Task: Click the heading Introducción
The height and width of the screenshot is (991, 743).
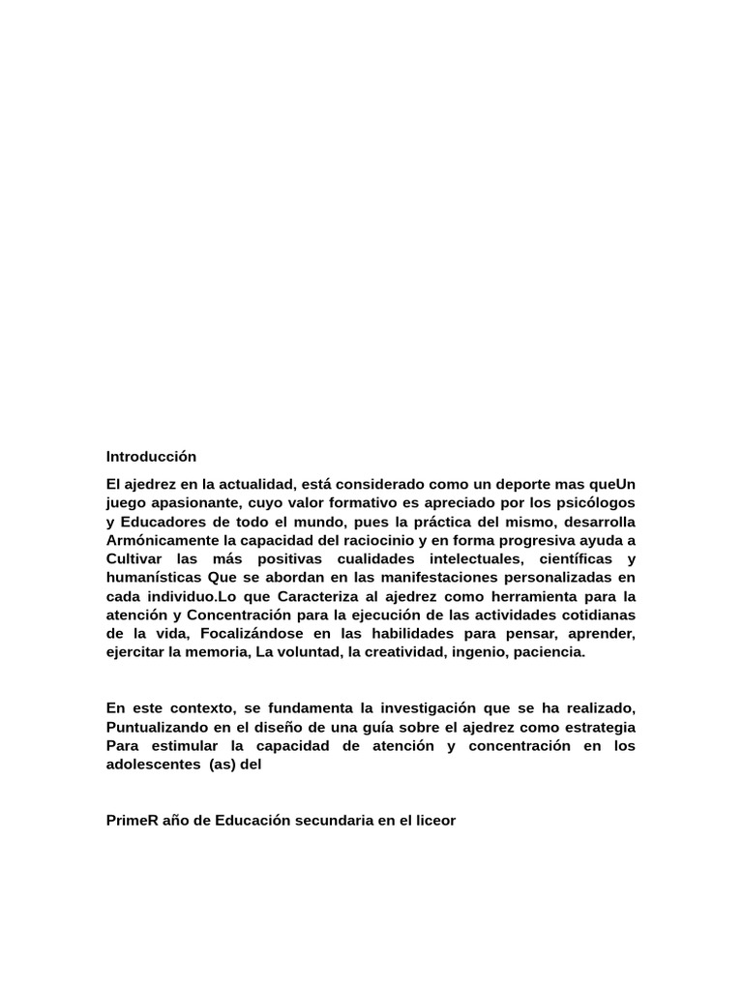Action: pos(151,456)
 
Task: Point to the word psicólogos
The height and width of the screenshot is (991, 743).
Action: pos(597,503)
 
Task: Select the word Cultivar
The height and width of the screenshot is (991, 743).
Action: pos(132,559)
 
